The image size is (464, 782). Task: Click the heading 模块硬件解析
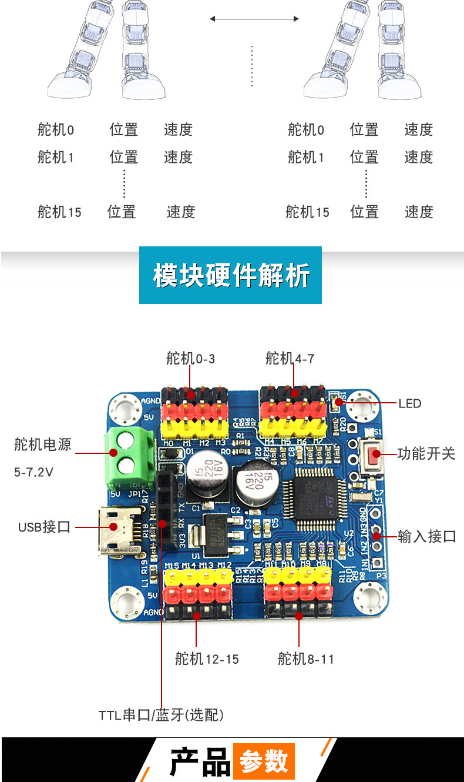point(231,275)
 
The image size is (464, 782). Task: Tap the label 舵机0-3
point(190,357)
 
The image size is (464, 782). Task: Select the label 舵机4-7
point(290,357)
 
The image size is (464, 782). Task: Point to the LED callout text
point(410,403)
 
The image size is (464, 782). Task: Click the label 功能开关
point(426,453)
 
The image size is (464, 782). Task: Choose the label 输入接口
point(427,536)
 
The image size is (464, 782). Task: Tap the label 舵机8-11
point(306,659)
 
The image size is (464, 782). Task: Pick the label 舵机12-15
point(207,659)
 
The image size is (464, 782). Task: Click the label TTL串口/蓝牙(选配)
point(161,715)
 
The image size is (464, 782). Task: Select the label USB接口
point(44,527)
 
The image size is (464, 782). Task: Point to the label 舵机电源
point(43,445)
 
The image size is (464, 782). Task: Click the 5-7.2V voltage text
point(34,472)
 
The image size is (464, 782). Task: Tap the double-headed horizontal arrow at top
point(254,19)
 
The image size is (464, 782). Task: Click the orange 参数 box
point(264,762)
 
